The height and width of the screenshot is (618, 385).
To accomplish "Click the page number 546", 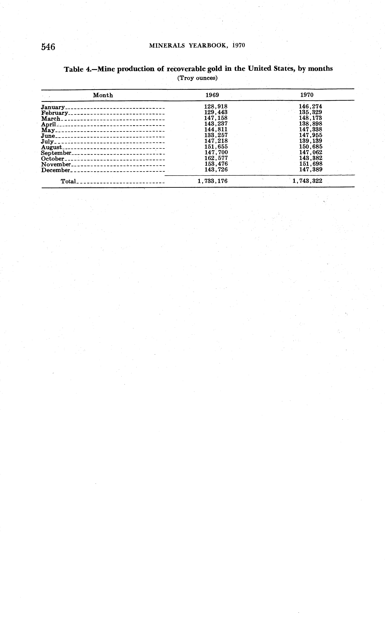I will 48,47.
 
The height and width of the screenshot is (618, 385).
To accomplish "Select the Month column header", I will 103,95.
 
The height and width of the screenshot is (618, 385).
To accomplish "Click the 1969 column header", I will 212,95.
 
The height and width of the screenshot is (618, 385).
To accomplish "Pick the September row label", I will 56,153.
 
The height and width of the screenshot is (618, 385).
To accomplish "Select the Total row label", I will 68,181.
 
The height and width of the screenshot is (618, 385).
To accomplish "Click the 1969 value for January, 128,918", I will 216,107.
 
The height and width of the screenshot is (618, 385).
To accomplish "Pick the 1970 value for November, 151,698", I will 311,164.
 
